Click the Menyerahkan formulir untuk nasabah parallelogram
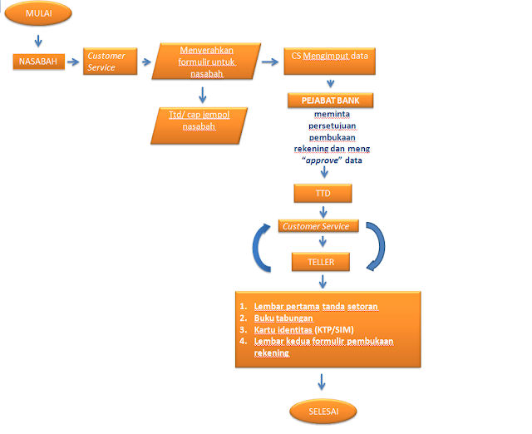pyautogui.click(x=204, y=62)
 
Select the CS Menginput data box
pyautogui.click(x=329, y=57)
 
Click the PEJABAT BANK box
pyautogui.click(x=330, y=101)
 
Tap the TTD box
pyautogui.click(x=323, y=193)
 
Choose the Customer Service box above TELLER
pyautogui.click(x=320, y=226)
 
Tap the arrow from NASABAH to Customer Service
pyautogui.click(x=71, y=62)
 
